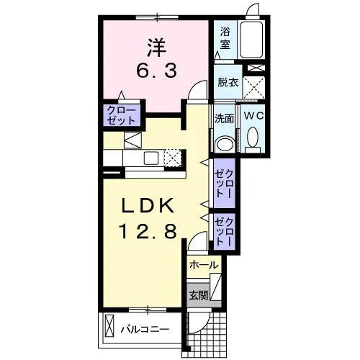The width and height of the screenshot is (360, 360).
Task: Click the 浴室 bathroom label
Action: [x=225, y=38]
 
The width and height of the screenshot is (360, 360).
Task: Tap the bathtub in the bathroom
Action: [x=251, y=40]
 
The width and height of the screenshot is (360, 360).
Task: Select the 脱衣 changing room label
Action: [x=228, y=83]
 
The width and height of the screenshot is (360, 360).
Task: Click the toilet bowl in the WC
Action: [x=253, y=137]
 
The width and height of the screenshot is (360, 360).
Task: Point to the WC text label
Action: [x=254, y=116]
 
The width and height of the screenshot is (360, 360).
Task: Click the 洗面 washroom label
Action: [x=224, y=118]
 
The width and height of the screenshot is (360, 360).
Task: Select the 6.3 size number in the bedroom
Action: [x=156, y=70]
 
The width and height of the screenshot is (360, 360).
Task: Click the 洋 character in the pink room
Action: [x=157, y=48]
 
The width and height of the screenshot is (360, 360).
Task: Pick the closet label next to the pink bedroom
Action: [x=121, y=115]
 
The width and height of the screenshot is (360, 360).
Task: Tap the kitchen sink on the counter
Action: [x=151, y=158]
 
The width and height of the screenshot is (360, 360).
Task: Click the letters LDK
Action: [x=148, y=206]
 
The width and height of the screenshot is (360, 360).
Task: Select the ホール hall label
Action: [x=204, y=265]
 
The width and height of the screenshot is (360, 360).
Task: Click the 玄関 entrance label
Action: [x=198, y=295]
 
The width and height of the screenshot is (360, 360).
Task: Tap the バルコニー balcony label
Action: [x=145, y=329]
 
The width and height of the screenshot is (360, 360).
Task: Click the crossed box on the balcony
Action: [x=109, y=326]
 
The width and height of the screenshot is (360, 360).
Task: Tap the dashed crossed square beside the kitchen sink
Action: [x=172, y=158]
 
